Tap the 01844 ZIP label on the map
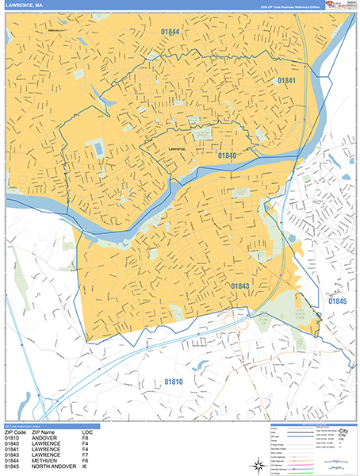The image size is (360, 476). [x=167, y=32]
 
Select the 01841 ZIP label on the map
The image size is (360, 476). [x=286, y=81]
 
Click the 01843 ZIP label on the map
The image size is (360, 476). [x=241, y=286]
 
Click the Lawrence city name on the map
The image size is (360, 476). [x=175, y=148]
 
